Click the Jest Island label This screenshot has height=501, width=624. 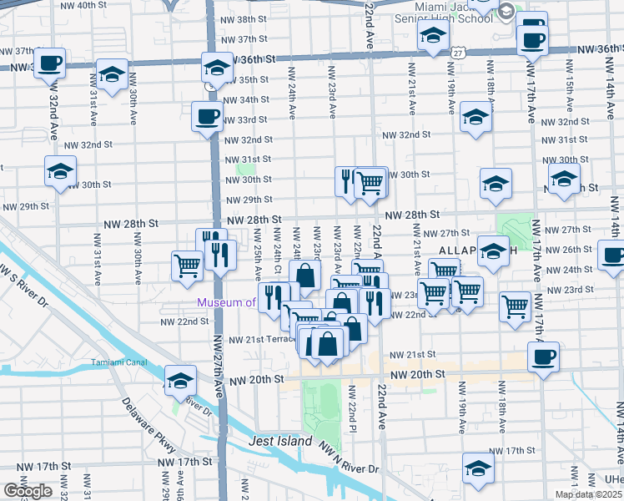click(x=279, y=441)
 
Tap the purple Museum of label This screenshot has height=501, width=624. click(x=226, y=302)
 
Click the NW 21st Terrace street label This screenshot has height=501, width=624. click(x=259, y=340)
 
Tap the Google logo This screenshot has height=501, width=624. click(x=28, y=491)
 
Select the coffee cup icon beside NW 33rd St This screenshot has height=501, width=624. click(x=207, y=117)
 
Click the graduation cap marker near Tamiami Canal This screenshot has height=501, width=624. click(x=180, y=381)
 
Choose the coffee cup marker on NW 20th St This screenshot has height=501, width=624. click(x=544, y=359)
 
